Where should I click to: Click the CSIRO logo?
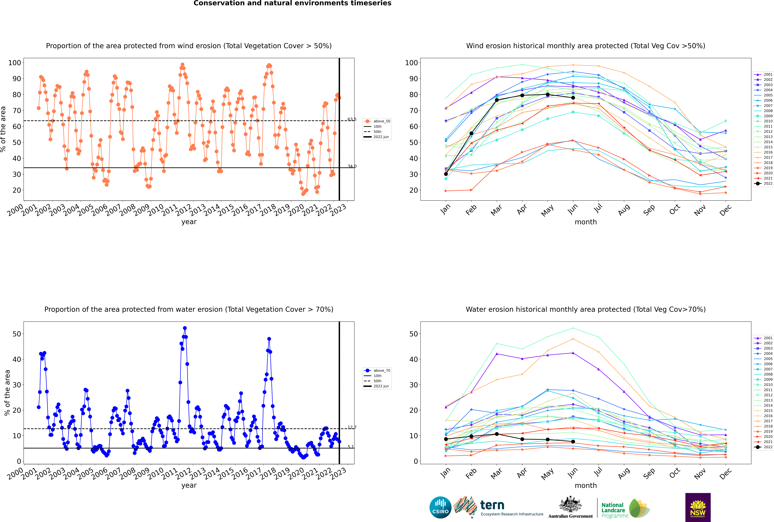click(x=440, y=507)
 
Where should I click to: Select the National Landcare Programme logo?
click(x=626, y=508)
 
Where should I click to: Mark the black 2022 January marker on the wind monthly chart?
click(x=446, y=174)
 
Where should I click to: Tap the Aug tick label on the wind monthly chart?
click(x=623, y=210)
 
